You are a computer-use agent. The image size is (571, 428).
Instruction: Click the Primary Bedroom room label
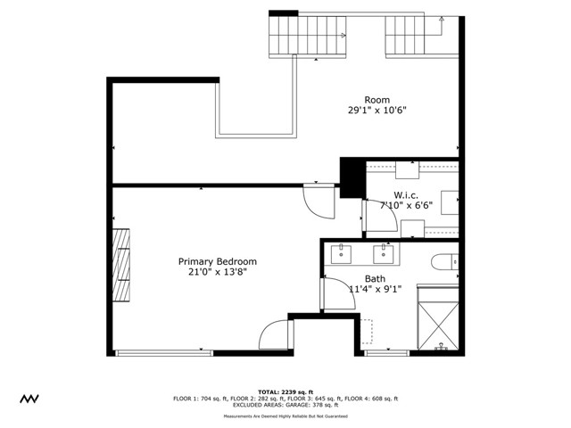coord(218,261)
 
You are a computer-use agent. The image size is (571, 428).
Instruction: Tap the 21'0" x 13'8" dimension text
coord(218,272)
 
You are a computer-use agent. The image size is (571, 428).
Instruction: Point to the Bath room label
coord(375,279)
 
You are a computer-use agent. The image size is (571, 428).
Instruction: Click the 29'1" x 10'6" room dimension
coord(377,110)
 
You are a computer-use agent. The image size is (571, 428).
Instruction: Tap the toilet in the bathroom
coord(444,261)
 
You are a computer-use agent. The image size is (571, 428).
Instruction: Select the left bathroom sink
coord(341,254)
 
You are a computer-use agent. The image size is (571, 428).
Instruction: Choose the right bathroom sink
coord(383,254)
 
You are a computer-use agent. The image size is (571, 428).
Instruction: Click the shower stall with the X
coord(438,325)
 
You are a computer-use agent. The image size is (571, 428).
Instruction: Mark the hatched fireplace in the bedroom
coord(121,265)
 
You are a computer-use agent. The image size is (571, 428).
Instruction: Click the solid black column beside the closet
coord(352,178)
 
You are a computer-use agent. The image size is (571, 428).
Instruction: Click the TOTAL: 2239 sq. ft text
coord(285,392)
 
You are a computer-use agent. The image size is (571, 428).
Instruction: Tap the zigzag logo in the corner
coord(29,399)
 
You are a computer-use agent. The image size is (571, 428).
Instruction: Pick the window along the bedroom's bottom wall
coord(164,353)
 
